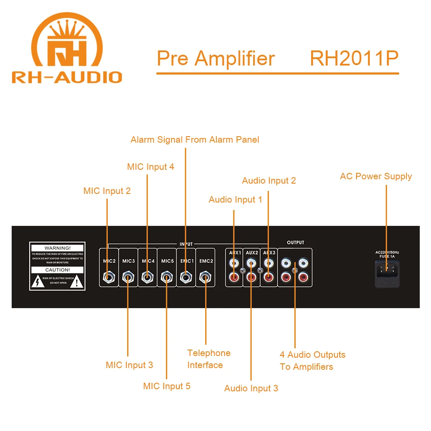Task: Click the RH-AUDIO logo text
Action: click(x=67, y=77)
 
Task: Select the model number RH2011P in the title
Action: click(x=354, y=59)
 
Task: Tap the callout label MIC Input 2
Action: click(x=107, y=191)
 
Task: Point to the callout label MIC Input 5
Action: click(x=166, y=386)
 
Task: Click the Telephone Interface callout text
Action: click(x=209, y=359)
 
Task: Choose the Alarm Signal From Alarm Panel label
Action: click(x=195, y=140)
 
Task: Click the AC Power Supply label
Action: click(x=376, y=176)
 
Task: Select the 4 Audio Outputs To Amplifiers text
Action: click(x=312, y=361)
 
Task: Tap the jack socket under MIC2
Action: click(x=108, y=277)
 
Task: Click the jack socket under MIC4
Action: click(x=147, y=277)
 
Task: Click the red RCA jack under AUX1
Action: click(x=234, y=278)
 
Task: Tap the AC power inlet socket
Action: click(x=387, y=270)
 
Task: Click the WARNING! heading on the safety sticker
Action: click(x=57, y=248)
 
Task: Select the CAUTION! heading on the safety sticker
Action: click(x=57, y=270)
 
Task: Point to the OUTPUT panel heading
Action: click(x=295, y=243)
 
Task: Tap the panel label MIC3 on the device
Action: click(x=128, y=261)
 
